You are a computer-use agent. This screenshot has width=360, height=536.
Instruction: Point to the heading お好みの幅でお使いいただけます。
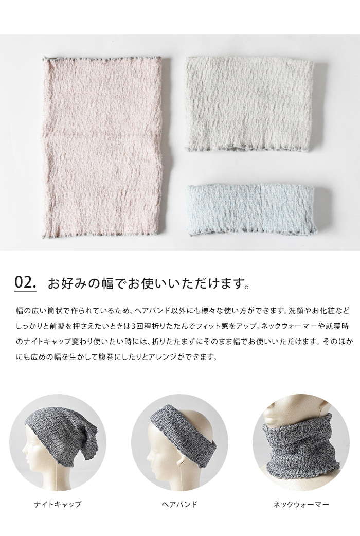[x=149, y=283]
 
